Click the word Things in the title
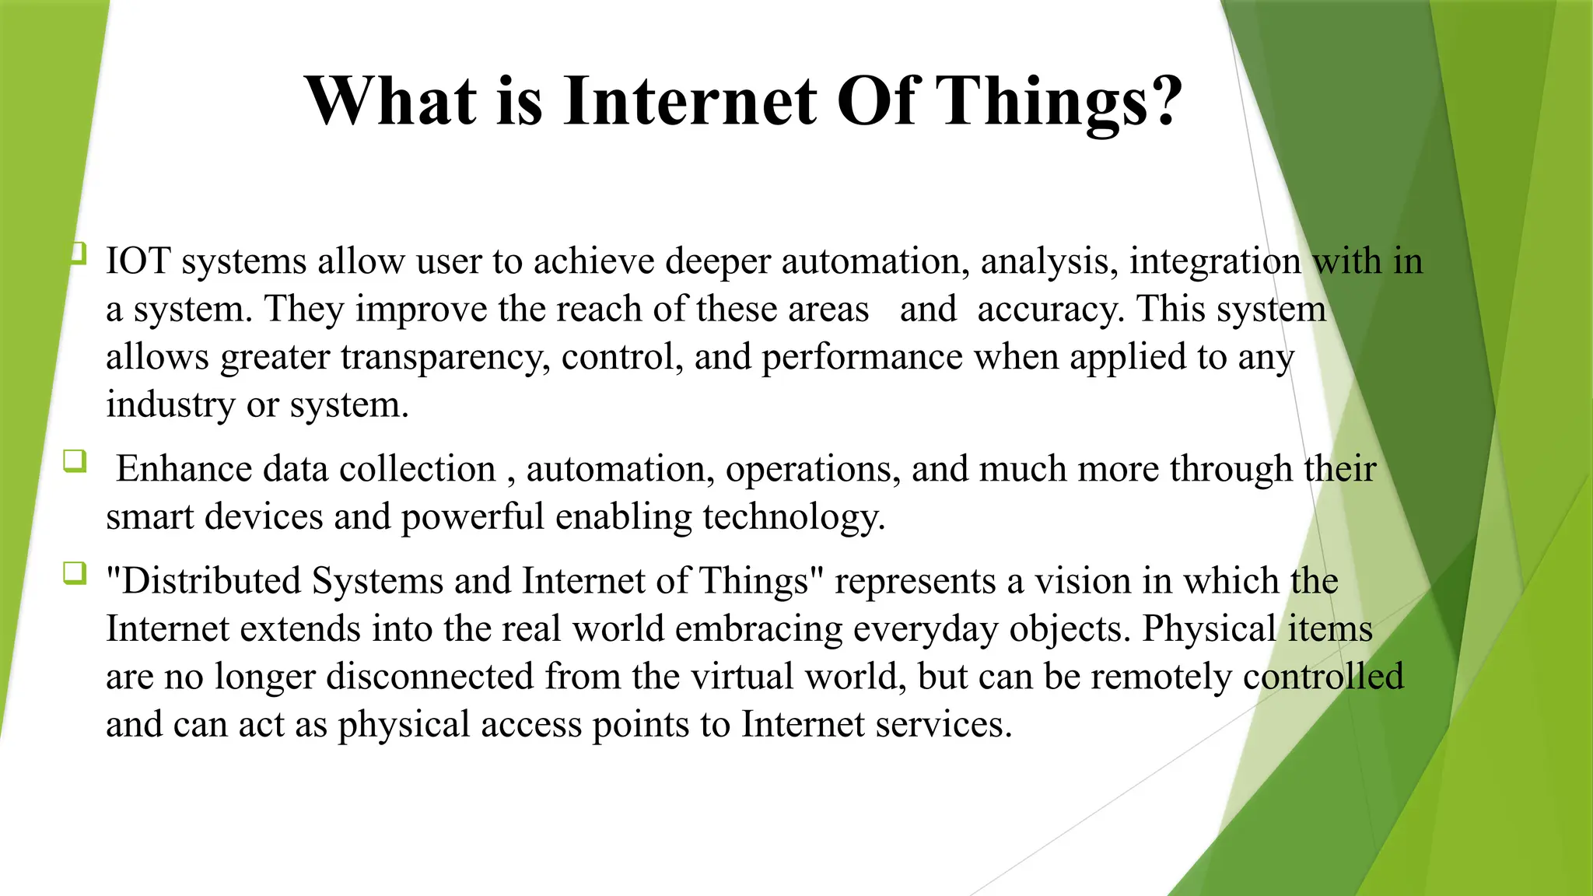coord(1042,101)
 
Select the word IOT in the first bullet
coord(138,261)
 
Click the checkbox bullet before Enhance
coord(75,460)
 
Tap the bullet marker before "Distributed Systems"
coord(75,573)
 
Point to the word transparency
coord(445,358)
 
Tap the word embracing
coord(758,629)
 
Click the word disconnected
coord(429,677)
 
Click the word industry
coord(170,405)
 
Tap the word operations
coord(813,470)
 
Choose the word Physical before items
coord(1209,629)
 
